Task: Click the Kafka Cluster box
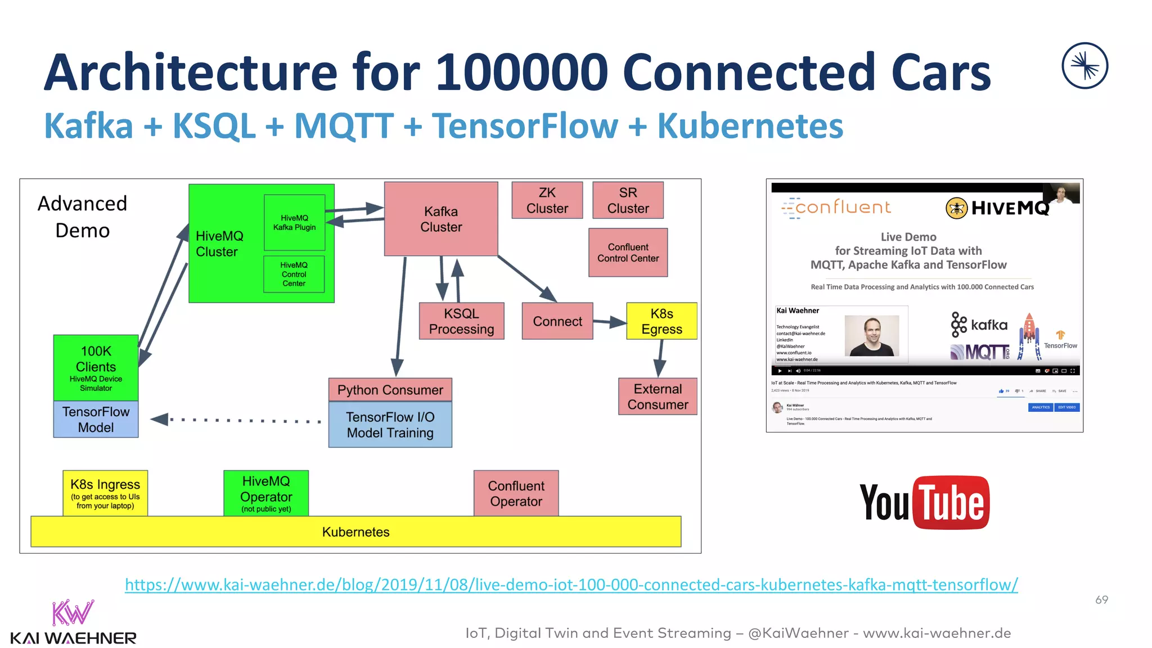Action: [x=441, y=219]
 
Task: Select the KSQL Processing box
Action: [x=461, y=321]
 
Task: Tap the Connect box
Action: [x=557, y=321]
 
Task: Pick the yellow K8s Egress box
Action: [x=661, y=321]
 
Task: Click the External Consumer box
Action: [x=658, y=397]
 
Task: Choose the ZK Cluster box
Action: [x=547, y=200]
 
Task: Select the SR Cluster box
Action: [x=628, y=200]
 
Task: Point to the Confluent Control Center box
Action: [x=628, y=253]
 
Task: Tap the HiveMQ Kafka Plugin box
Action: [x=294, y=223]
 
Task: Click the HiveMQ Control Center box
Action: [x=294, y=274]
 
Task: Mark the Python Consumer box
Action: [x=390, y=390]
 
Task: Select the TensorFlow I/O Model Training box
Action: [x=390, y=425]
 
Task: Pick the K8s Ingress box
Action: [x=105, y=493]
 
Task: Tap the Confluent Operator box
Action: [x=516, y=493]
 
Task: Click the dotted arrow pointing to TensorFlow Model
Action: [x=236, y=420]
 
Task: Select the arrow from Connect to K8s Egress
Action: [x=610, y=322]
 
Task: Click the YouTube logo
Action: [x=924, y=502]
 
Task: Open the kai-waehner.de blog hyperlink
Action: [x=571, y=585]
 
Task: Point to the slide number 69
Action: [x=1101, y=600]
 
